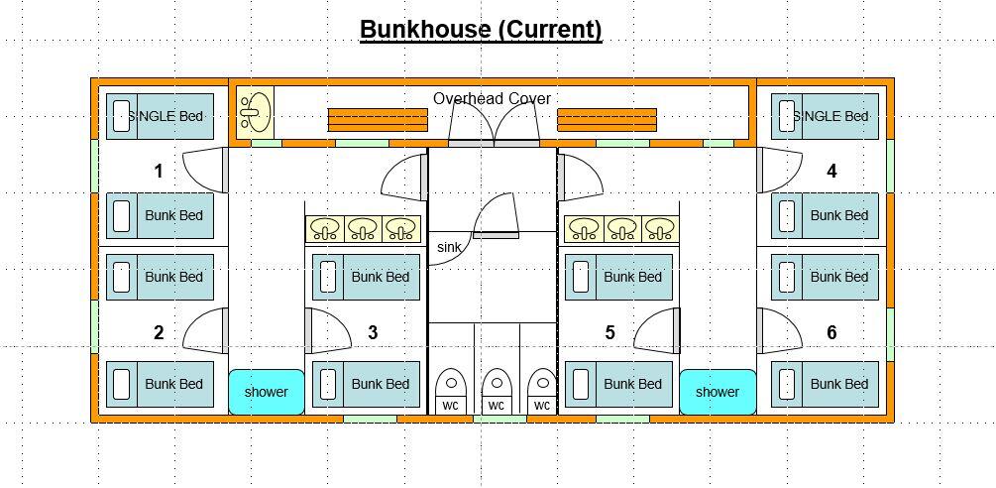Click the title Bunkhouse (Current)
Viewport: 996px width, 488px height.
(481, 30)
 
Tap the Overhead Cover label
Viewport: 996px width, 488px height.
(492, 99)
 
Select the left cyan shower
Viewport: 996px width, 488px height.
(266, 392)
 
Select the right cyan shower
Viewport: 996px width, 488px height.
(717, 392)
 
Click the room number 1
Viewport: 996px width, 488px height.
(159, 172)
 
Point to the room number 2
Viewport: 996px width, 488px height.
(159, 333)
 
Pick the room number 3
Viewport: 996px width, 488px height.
(373, 333)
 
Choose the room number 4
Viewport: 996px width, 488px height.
(831, 172)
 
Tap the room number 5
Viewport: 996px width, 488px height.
(609, 333)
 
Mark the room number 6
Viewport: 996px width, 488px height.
(831, 333)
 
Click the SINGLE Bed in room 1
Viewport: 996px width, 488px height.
(160, 116)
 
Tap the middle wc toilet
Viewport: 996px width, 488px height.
(497, 391)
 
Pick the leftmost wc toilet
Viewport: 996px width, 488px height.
(451, 391)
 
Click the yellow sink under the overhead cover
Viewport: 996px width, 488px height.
(255, 110)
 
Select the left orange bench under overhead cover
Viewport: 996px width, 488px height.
(378, 120)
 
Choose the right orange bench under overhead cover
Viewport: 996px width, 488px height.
(607, 120)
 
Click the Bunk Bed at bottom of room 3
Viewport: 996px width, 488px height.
(367, 384)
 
